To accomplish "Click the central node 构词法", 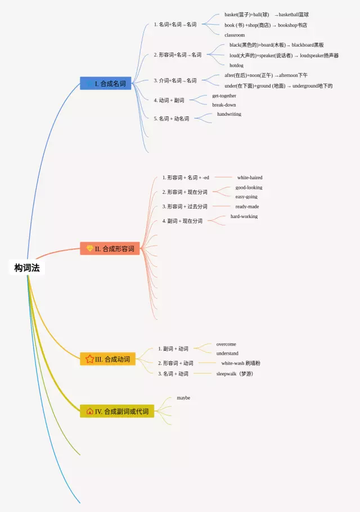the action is coord(27,268).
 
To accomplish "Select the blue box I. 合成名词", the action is coord(106,84).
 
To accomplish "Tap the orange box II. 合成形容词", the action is coord(110,248).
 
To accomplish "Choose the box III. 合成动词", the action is coord(108,359).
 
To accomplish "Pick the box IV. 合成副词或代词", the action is coord(117,411).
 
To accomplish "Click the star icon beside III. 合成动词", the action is coord(89,359).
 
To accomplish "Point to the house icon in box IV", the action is coord(89,411).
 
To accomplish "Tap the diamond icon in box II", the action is coord(89,248).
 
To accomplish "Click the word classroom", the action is coord(235,35).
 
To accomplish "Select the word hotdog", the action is coord(236,65).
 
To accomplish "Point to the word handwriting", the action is coord(229,114).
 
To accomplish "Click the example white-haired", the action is coord(249,178).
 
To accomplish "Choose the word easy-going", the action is coord(246,197).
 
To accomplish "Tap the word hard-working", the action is coord(244,216).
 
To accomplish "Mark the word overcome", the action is coord(226,344).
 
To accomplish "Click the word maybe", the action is coord(183,398).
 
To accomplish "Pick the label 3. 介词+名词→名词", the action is coord(175,80).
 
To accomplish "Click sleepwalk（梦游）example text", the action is coord(235,374).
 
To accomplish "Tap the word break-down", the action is coord(224,105).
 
